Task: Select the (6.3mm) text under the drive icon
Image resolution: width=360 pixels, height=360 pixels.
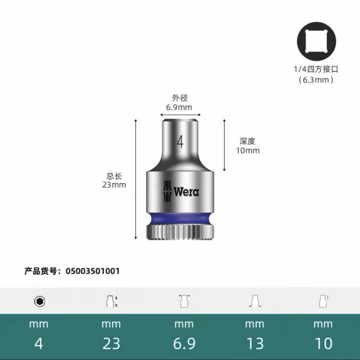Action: pos(315,79)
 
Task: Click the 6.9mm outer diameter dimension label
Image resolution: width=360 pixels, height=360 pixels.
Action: pos(179,107)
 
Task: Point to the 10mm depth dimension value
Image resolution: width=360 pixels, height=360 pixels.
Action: pos(247,150)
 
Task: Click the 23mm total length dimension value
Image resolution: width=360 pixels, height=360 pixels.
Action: pos(114,184)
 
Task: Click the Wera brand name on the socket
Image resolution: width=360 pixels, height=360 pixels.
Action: pos(186,191)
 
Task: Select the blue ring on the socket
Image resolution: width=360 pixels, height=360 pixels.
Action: pos(179,218)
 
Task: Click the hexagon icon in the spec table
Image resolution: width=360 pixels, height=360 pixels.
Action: pos(39,301)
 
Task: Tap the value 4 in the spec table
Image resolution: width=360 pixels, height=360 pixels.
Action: pos(39,343)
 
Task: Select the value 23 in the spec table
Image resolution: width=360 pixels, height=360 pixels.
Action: pos(111,343)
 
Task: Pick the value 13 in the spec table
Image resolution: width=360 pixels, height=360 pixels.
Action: pos(254,343)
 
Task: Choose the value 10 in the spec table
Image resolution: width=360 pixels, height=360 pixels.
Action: pos(323,343)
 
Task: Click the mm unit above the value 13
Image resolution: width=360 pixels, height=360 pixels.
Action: pos(254,324)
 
